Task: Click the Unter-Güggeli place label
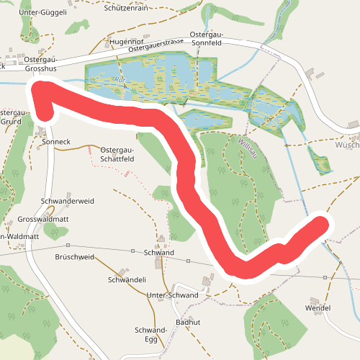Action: pos(44,12)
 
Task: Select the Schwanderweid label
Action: pos(68,201)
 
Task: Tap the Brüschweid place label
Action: pos(74,256)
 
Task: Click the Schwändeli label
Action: pos(127,279)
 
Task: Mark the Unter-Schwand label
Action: pos(172,295)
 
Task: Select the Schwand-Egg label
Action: pos(151,335)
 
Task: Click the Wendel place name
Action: pos(318,308)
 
